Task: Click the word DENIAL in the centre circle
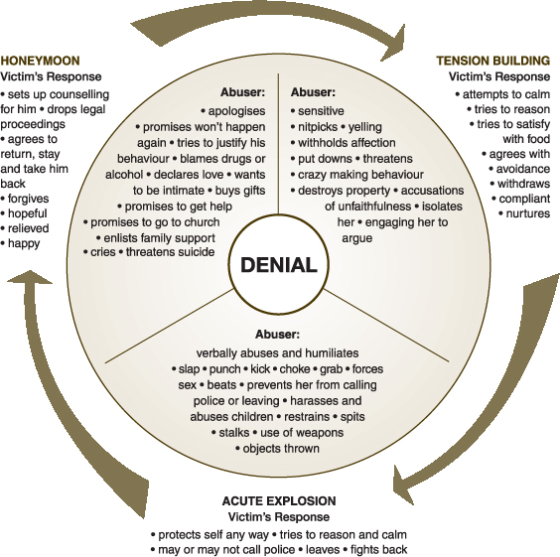point(279,265)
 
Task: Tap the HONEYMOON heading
point(40,61)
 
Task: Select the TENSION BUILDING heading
point(492,61)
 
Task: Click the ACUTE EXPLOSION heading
point(279,501)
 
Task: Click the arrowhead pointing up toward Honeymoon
point(30,277)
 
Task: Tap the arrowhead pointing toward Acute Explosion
point(403,485)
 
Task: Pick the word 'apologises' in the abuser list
point(236,111)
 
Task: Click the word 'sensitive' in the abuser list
point(321,111)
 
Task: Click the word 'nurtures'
point(528,213)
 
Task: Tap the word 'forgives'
point(28,199)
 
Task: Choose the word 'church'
point(202,222)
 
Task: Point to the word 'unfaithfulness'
point(373,207)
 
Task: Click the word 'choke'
point(295,369)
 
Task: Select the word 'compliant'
point(524,199)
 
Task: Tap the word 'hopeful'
point(28,213)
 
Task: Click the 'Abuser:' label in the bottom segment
point(277,335)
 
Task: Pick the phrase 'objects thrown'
point(281,449)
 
